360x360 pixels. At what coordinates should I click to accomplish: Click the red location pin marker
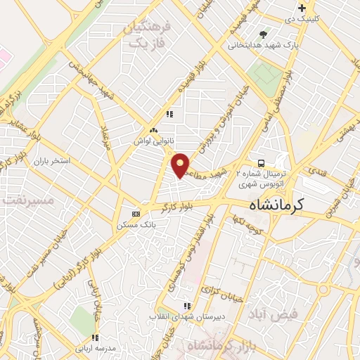coord(181,165)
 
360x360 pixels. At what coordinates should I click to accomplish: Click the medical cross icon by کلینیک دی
coord(302,8)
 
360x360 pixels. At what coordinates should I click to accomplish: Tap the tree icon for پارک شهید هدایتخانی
coord(264,34)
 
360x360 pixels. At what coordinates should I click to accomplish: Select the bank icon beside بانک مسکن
coord(136,214)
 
